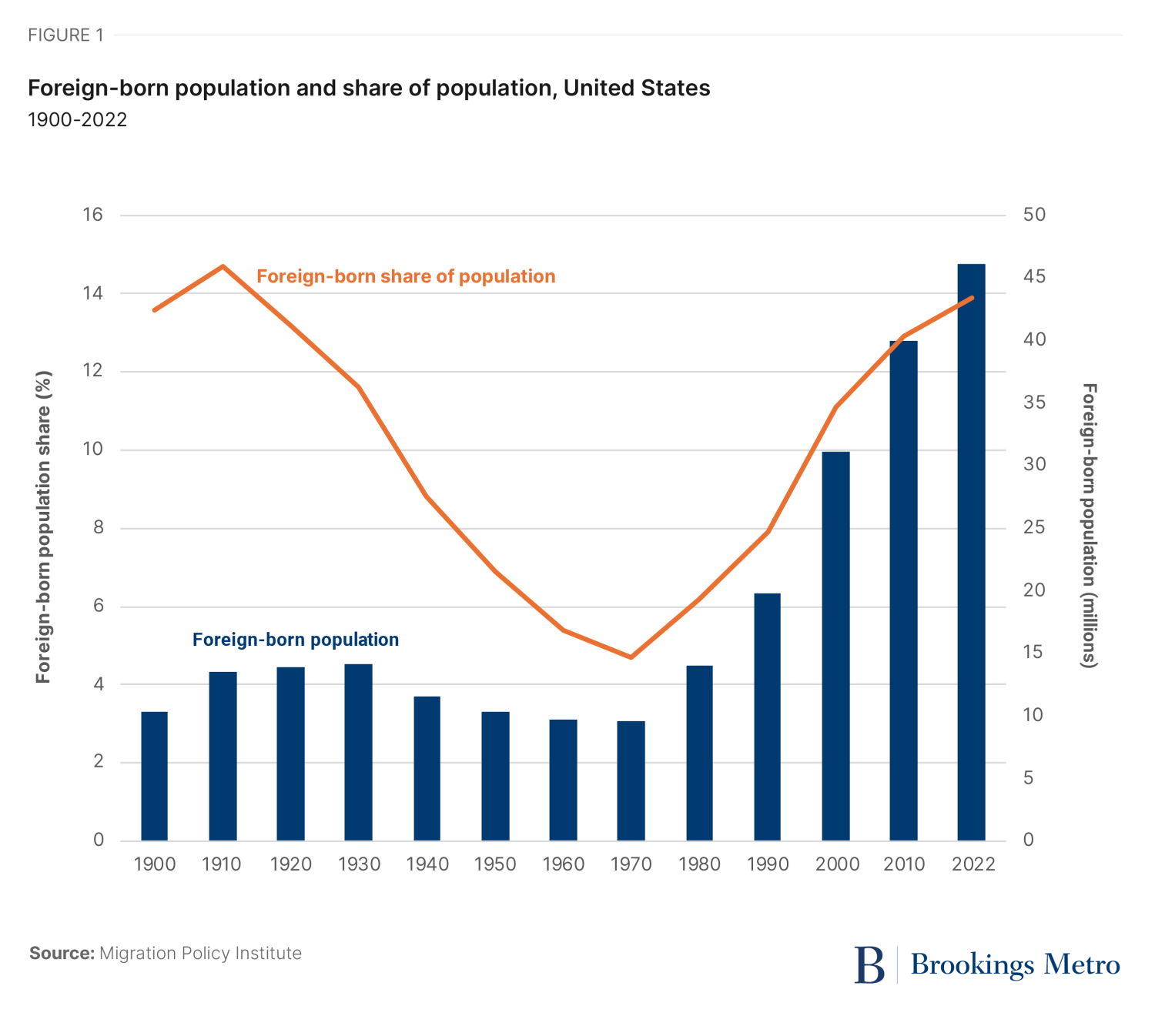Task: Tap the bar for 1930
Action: coord(358,751)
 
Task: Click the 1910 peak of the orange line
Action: coord(223,266)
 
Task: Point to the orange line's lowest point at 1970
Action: coord(631,657)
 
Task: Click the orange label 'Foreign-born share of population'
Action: coord(406,276)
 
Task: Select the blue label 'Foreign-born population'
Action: coord(296,640)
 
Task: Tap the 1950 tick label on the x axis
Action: coord(495,864)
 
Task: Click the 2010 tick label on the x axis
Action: coord(904,864)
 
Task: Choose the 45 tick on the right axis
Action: coord(1034,277)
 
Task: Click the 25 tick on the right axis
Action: coord(1034,528)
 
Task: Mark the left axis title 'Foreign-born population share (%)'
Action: coord(43,527)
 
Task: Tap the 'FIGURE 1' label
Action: coord(65,35)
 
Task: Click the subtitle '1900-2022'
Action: coord(77,120)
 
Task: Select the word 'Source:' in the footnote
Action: coord(62,954)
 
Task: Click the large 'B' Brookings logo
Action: coord(869,964)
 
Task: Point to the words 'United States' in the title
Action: coord(637,89)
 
